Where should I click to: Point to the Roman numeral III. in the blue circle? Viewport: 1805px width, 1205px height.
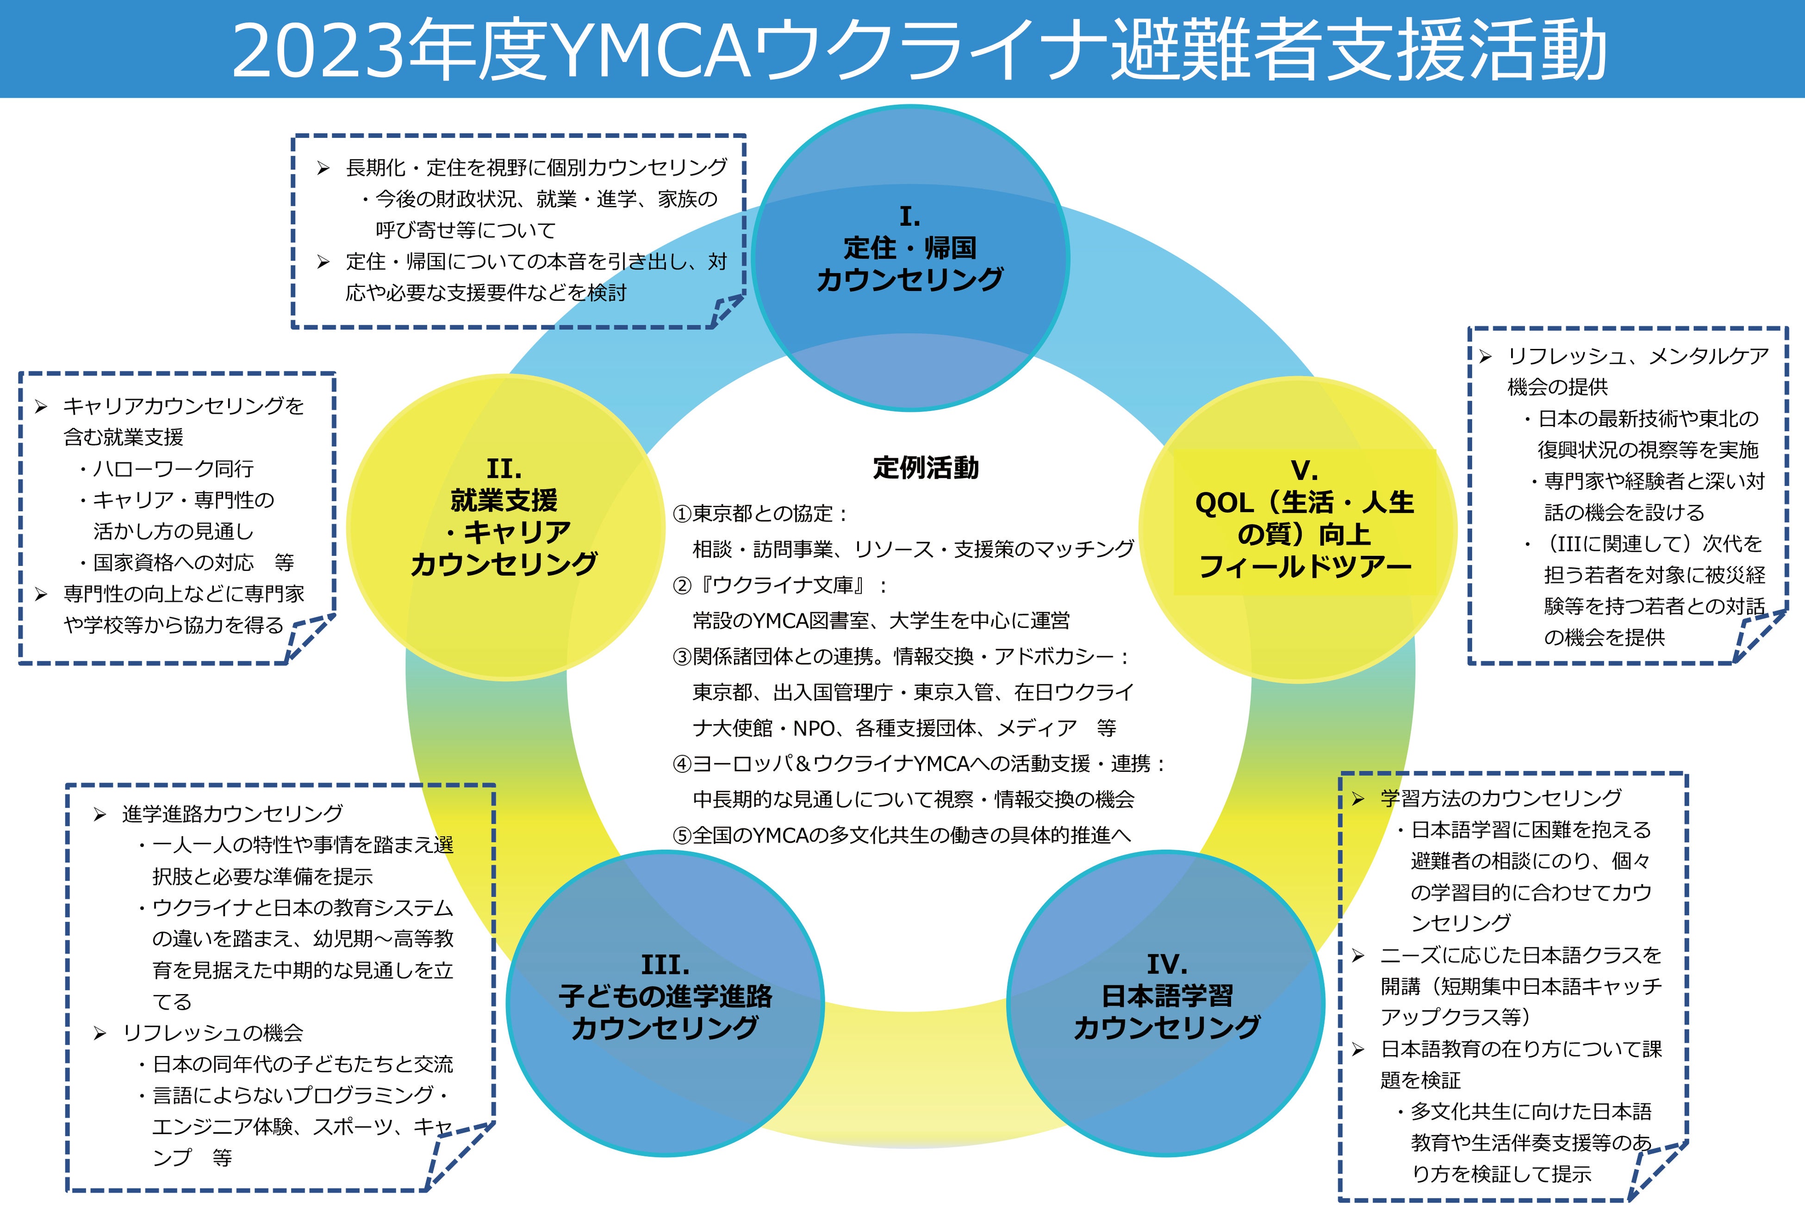[666, 964]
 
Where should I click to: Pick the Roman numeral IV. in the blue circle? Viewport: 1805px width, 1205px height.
[1166, 964]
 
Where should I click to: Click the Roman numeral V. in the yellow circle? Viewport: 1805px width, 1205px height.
[1304, 470]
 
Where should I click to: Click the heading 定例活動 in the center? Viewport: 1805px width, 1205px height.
[926, 467]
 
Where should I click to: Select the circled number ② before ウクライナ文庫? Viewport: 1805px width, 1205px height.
[682, 585]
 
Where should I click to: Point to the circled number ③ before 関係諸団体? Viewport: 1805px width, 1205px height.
[682, 657]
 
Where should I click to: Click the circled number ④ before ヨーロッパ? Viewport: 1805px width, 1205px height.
[682, 764]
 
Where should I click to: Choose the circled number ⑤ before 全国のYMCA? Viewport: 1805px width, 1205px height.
[682, 835]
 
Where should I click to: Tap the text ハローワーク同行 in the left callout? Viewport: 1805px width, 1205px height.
[173, 469]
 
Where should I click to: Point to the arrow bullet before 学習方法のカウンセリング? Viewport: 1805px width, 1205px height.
[1358, 799]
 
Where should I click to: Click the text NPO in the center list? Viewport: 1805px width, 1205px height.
[814, 728]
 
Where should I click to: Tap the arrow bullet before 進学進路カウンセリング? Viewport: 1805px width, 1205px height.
[100, 814]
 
